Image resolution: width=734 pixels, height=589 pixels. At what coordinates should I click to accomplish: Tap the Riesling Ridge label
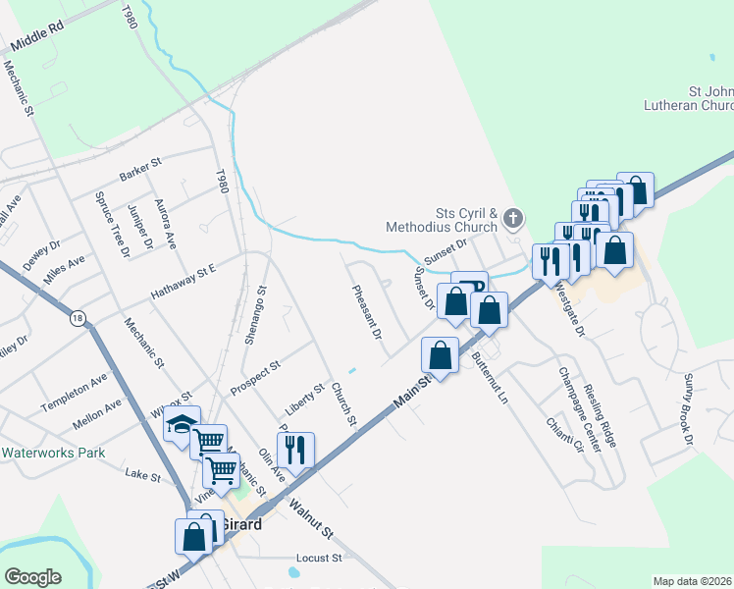click(600, 416)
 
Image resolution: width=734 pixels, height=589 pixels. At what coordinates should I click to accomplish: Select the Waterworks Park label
click(53, 454)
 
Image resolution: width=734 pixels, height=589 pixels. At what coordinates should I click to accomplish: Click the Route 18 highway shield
click(78, 318)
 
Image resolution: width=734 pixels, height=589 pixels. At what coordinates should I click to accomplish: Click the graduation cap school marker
click(182, 425)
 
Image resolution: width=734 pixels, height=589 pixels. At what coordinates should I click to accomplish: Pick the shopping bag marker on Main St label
click(441, 354)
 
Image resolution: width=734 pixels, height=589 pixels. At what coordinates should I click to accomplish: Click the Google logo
click(32, 577)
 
